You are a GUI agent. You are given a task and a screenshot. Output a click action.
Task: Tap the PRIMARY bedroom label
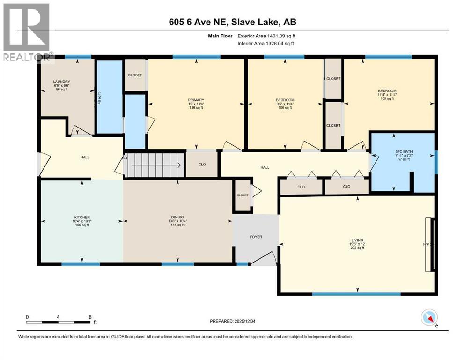click(x=196, y=99)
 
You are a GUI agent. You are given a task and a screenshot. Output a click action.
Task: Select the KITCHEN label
click(x=81, y=217)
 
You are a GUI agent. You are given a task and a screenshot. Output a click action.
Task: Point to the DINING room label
click(x=177, y=217)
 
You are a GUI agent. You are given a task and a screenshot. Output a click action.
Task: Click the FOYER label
click(x=256, y=237)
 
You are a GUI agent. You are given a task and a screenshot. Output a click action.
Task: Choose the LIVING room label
click(x=357, y=240)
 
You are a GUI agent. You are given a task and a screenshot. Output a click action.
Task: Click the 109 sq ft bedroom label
click(x=387, y=91)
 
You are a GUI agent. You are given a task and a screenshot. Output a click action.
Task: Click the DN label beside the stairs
click(x=125, y=158)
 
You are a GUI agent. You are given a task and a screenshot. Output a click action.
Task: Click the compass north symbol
click(x=429, y=318)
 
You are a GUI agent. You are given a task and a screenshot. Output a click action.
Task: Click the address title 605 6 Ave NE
click(x=233, y=22)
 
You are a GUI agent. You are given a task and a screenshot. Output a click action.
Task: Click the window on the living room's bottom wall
click(x=356, y=294)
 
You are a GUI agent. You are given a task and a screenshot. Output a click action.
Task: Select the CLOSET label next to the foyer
click(x=243, y=195)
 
